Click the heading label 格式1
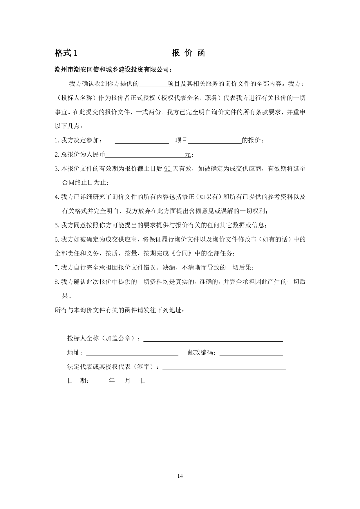click(66, 53)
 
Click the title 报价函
click(188, 53)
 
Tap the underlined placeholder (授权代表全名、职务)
click(189, 98)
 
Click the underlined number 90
click(168, 169)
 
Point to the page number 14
click(180, 476)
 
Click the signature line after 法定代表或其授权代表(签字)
click(224, 367)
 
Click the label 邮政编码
click(201, 353)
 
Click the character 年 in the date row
click(112, 381)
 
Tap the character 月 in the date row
click(128, 381)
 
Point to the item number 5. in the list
click(57, 225)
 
